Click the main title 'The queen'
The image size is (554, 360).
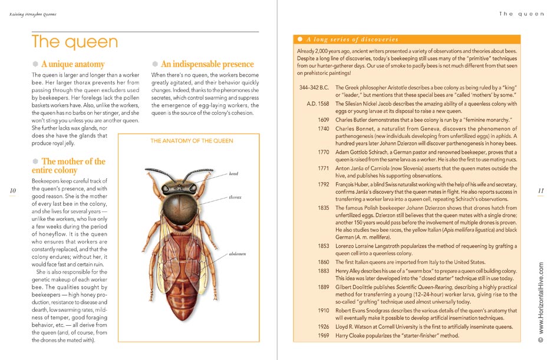pos(74,42)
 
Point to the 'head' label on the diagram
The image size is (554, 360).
pos(235,174)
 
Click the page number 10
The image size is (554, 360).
pos(12,190)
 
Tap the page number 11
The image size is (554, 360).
pos(540,190)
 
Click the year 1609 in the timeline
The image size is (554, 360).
pos(323,120)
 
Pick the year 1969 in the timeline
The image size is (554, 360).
pos(323,335)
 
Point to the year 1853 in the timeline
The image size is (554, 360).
pos(323,246)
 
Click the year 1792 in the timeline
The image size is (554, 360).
pos(323,184)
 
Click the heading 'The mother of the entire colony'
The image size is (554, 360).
pos(69,166)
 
